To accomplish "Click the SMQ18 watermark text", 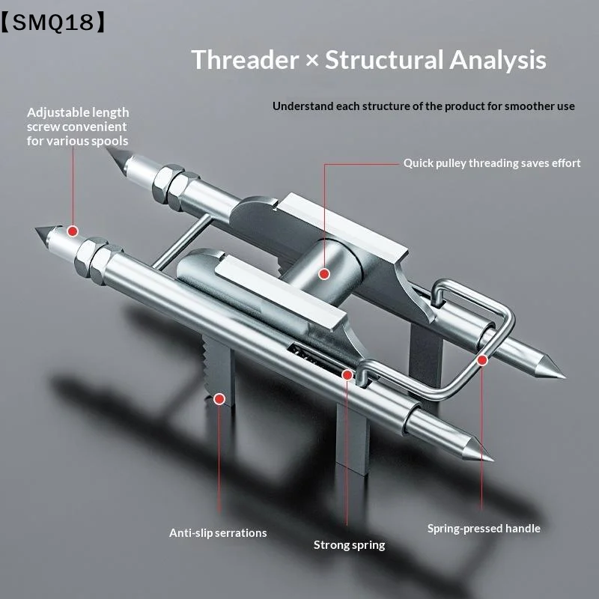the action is click(53, 22).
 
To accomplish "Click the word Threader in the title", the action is click(245, 60).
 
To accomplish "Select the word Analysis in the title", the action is click(497, 61).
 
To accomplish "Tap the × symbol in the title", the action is click(312, 61).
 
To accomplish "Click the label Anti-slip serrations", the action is click(218, 533).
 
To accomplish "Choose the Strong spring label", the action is click(349, 545).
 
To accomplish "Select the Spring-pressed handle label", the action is click(484, 529).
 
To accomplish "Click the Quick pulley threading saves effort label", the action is click(492, 163).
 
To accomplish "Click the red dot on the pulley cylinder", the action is click(324, 274).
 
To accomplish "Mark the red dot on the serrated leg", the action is click(219, 399).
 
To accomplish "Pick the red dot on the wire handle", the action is click(482, 360).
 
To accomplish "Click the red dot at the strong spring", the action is click(347, 375).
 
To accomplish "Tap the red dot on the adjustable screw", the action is click(73, 231).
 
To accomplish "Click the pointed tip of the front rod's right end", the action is click(492, 459).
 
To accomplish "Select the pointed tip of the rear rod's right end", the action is click(565, 377).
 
